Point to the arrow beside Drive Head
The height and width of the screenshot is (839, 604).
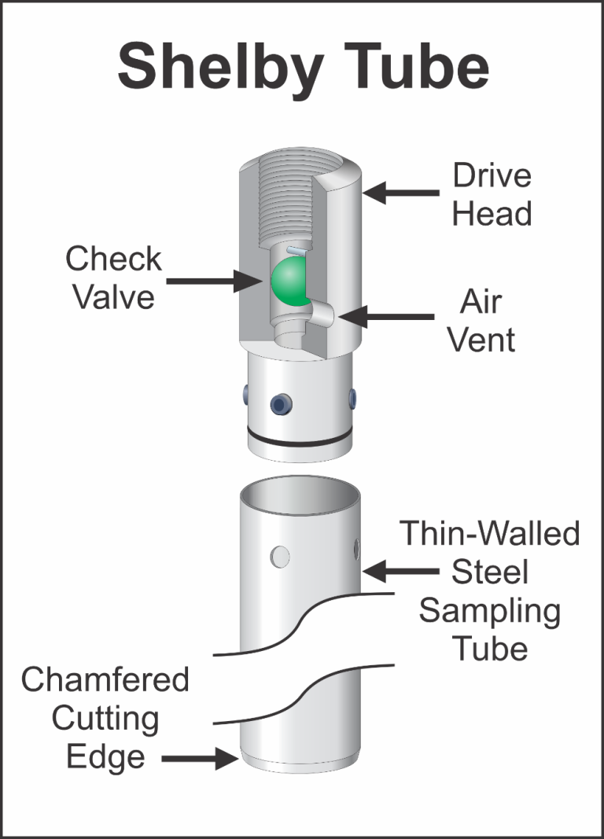pos(401,191)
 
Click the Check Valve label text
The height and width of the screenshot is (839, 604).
pos(114,278)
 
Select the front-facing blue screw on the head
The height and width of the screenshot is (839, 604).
pos(279,404)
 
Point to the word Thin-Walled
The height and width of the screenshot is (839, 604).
pos(490,534)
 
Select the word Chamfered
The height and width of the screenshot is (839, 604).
pos(105,679)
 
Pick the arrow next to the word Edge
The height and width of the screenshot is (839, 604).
pos(200,759)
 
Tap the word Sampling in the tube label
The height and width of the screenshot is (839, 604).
pos(489,611)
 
